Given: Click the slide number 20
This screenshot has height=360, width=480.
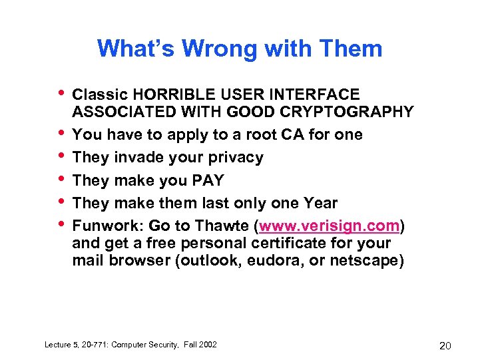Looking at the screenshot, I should (x=445, y=345).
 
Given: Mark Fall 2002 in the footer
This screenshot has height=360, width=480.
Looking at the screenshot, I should (x=200, y=344).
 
